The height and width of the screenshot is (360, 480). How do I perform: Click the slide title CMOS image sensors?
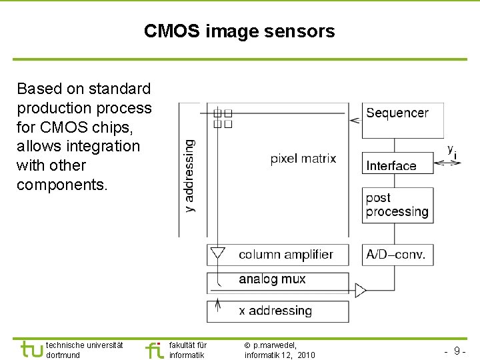tap(239, 31)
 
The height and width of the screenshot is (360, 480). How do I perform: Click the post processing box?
tap(397, 205)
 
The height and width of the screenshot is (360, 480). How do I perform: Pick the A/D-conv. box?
tap(397, 255)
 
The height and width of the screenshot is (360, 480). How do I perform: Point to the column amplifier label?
tap(285, 255)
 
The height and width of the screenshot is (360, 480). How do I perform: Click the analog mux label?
tap(272, 279)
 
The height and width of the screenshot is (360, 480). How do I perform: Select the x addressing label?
tap(275, 311)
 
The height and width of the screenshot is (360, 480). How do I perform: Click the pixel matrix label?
tap(303, 159)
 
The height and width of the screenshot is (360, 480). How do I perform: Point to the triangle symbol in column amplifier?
tap(217, 253)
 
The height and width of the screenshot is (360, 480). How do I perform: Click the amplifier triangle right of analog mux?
tap(361, 290)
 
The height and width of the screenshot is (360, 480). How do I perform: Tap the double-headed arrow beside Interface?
tap(451, 162)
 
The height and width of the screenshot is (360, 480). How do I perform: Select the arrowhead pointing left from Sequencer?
tap(355, 120)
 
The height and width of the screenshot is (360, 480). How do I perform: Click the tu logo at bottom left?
tap(31, 349)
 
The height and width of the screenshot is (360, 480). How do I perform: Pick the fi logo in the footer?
tap(154, 349)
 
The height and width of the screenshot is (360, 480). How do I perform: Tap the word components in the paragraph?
tap(61, 185)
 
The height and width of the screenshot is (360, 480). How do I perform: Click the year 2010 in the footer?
tap(306, 355)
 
